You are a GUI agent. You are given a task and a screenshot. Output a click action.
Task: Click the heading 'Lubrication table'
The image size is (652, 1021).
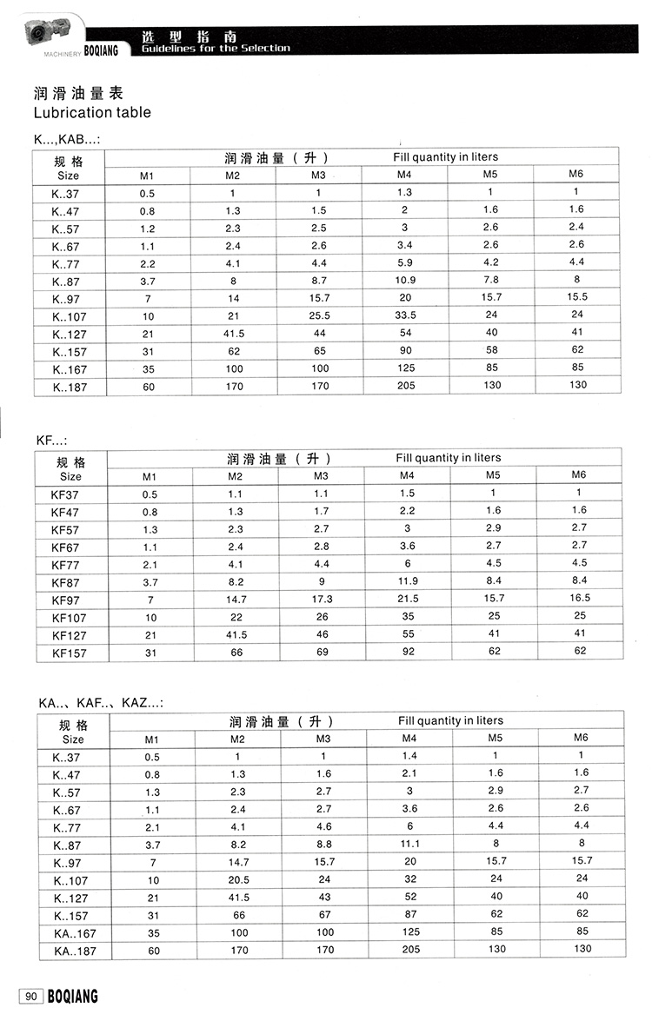(x=91, y=112)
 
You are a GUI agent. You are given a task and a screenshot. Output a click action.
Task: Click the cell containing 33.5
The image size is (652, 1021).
(x=405, y=315)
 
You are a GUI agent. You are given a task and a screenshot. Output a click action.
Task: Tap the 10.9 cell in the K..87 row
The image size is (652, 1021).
(x=405, y=281)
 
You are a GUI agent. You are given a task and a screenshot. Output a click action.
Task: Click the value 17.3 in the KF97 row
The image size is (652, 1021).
(x=322, y=600)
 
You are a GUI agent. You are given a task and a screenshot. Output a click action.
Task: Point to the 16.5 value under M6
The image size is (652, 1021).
(x=579, y=599)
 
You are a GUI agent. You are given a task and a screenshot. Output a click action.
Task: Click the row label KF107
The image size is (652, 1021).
(x=70, y=617)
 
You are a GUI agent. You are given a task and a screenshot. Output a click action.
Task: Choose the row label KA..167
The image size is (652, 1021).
(x=72, y=932)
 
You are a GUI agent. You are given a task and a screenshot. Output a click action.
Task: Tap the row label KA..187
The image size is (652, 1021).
(x=72, y=951)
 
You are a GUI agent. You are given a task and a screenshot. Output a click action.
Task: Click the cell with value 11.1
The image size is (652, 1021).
(x=409, y=844)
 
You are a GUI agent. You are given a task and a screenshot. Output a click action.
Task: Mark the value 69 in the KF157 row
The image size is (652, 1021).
(x=322, y=652)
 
